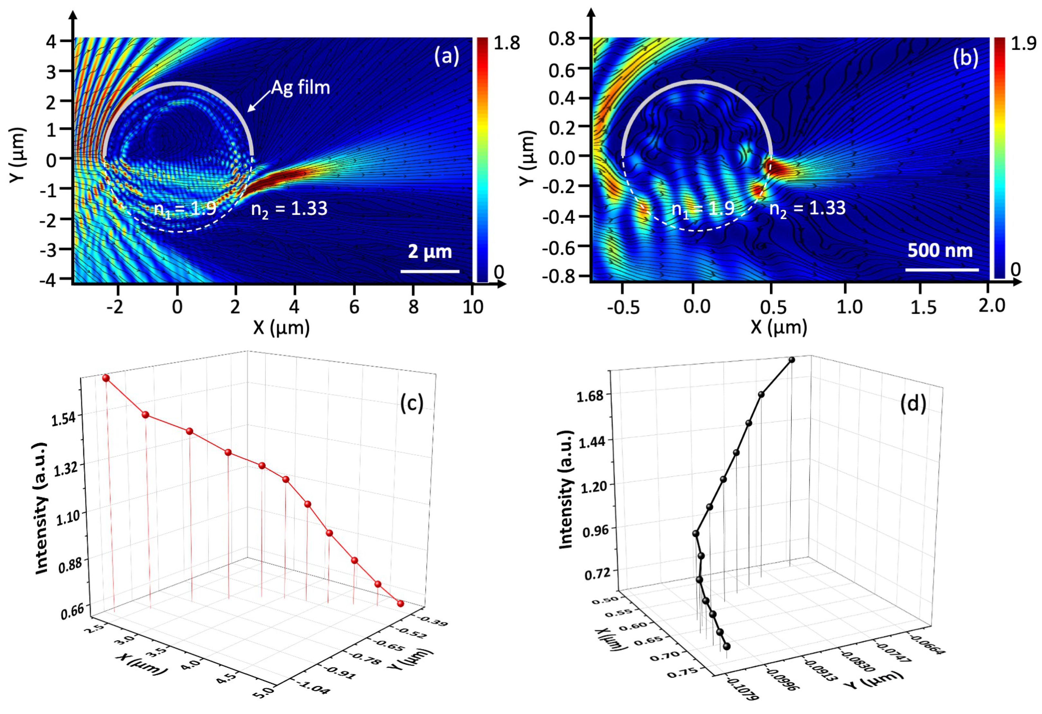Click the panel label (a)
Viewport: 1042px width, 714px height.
tap(446, 57)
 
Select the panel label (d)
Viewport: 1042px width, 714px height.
tap(913, 404)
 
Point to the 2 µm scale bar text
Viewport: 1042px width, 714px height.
tap(429, 252)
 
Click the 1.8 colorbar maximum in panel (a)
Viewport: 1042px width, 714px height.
tap(506, 43)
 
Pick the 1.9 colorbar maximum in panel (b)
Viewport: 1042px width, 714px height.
tap(1023, 43)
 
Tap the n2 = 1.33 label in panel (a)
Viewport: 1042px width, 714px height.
tap(289, 209)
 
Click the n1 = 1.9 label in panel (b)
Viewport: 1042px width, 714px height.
tap(703, 209)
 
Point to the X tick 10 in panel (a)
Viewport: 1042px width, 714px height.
tap(473, 307)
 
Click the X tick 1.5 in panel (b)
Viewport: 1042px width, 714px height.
tap(923, 307)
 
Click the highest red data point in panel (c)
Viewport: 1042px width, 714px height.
tap(106, 378)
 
